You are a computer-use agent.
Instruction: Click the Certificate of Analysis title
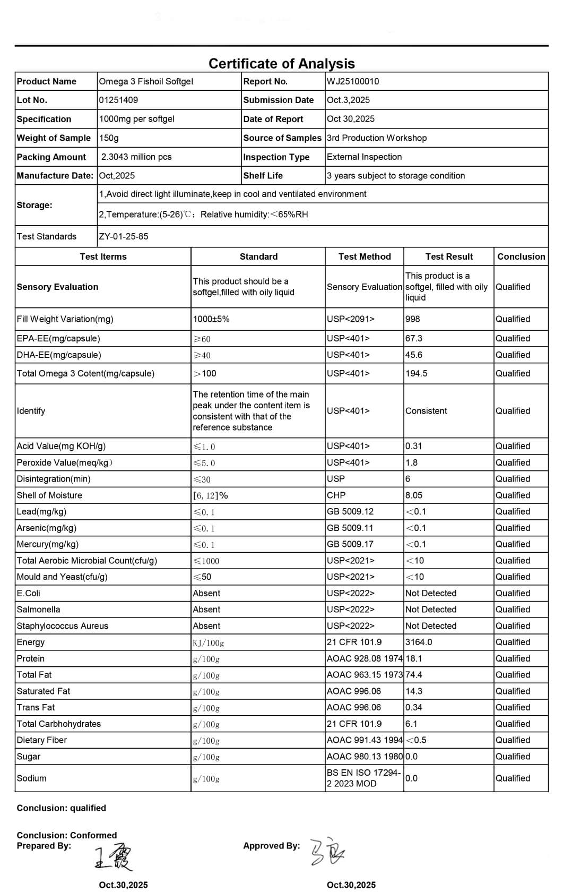tap(281, 64)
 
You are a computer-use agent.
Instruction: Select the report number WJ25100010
tap(353, 81)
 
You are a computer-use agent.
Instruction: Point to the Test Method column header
tap(365, 256)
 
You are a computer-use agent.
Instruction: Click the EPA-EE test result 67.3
tap(414, 338)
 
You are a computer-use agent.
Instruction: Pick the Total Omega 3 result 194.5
tap(416, 373)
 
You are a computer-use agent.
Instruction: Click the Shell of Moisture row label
tap(49, 495)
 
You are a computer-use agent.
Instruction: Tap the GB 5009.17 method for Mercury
tap(350, 544)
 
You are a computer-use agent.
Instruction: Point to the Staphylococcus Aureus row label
tap(62, 626)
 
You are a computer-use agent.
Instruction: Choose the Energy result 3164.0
tap(419, 642)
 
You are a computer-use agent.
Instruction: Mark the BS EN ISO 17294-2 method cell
tap(363, 778)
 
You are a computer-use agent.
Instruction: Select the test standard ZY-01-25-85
tap(124, 236)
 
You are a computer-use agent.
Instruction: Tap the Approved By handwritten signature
tap(326, 852)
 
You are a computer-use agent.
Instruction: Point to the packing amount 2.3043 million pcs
tap(136, 157)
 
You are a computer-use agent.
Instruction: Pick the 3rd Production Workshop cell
tap(377, 138)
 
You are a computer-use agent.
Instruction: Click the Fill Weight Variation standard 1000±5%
tap(211, 319)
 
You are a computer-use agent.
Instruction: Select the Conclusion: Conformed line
tap(67, 835)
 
